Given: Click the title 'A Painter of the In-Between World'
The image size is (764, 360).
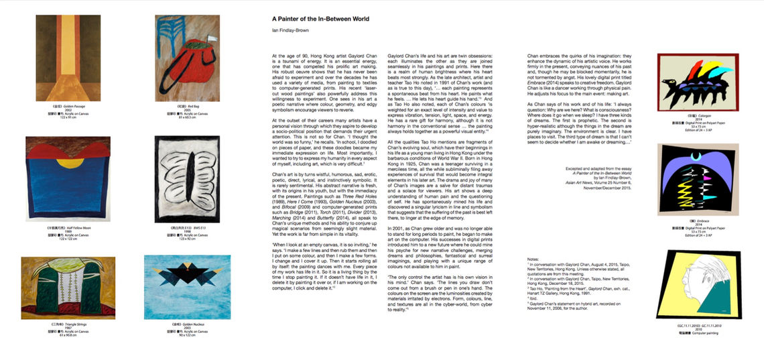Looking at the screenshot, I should click(320, 19).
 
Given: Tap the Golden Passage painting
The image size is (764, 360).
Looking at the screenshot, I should click(68, 58).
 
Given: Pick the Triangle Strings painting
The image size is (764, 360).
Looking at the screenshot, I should click(68, 288).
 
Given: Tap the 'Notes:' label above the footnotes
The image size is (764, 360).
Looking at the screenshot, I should click(533, 258).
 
